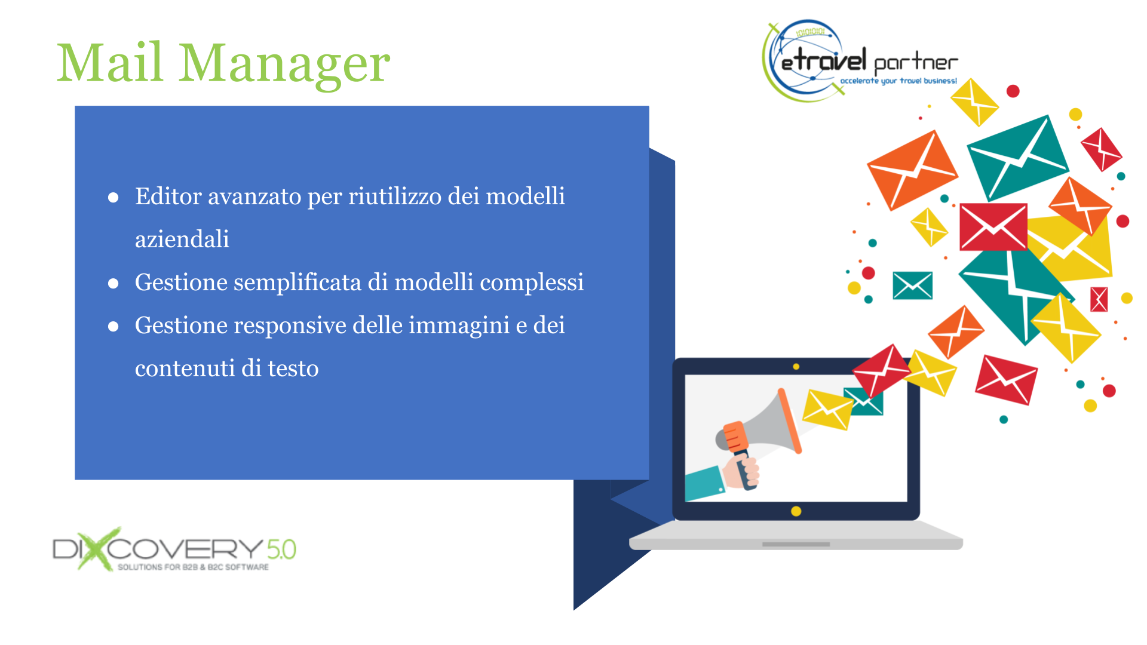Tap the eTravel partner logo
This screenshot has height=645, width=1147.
tap(860, 60)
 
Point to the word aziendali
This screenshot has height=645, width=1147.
tap(182, 239)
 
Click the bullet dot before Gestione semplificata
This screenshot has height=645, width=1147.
tap(113, 284)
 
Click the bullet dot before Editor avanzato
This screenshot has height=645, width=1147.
tap(113, 198)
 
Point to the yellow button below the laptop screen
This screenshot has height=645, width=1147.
tap(796, 511)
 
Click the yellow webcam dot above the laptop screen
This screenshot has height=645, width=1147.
tap(796, 367)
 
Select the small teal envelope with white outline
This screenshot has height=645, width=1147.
tap(912, 285)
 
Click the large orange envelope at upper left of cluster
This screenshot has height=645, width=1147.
tap(912, 170)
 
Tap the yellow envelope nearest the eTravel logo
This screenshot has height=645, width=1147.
tap(974, 102)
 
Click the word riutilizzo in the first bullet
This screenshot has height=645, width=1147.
tap(395, 196)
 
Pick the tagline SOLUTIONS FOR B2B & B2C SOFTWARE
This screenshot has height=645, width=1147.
tap(193, 567)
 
